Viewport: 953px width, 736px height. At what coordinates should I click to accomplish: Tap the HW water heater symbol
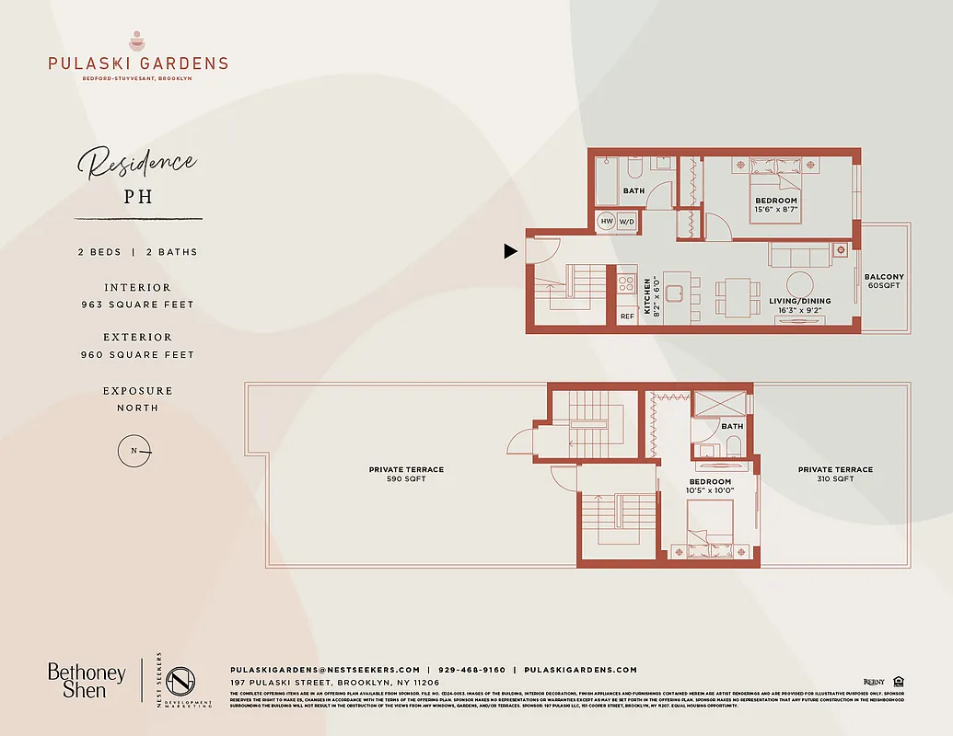pyautogui.click(x=607, y=222)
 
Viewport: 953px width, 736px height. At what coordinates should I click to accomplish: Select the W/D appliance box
pyautogui.click(x=627, y=222)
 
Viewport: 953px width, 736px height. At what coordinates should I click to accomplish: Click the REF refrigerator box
pyautogui.click(x=627, y=316)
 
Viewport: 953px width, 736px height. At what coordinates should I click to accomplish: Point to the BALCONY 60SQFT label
pyautogui.click(x=884, y=281)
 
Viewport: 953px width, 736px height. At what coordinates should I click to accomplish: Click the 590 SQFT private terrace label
pyautogui.click(x=406, y=474)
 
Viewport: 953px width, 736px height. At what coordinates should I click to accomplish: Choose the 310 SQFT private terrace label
pyautogui.click(x=835, y=474)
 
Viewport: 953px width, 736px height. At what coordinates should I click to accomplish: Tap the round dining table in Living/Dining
pyautogui.click(x=799, y=284)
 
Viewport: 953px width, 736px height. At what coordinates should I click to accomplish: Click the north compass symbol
pyautogui.click(x=135, y=451)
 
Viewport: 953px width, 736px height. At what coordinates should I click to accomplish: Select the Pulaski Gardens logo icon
pyautogui.click(x=137, y=40)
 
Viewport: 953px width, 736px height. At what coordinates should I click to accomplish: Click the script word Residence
pyautogui.click(x=137, y=165)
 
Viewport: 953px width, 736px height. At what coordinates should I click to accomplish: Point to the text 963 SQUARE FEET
pyautogui.click(x=137, y=305)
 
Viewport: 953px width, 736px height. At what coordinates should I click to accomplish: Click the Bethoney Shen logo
pyautogui.click(x=87, y=681)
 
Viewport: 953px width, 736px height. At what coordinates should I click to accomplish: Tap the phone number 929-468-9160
pyautogui.click(x=471, y=670)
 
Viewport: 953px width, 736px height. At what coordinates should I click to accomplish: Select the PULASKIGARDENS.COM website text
pyautogui.click(x=580, y=670)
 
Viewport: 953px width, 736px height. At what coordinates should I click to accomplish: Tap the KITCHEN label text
pyautogui.click(x=647, y=297)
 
